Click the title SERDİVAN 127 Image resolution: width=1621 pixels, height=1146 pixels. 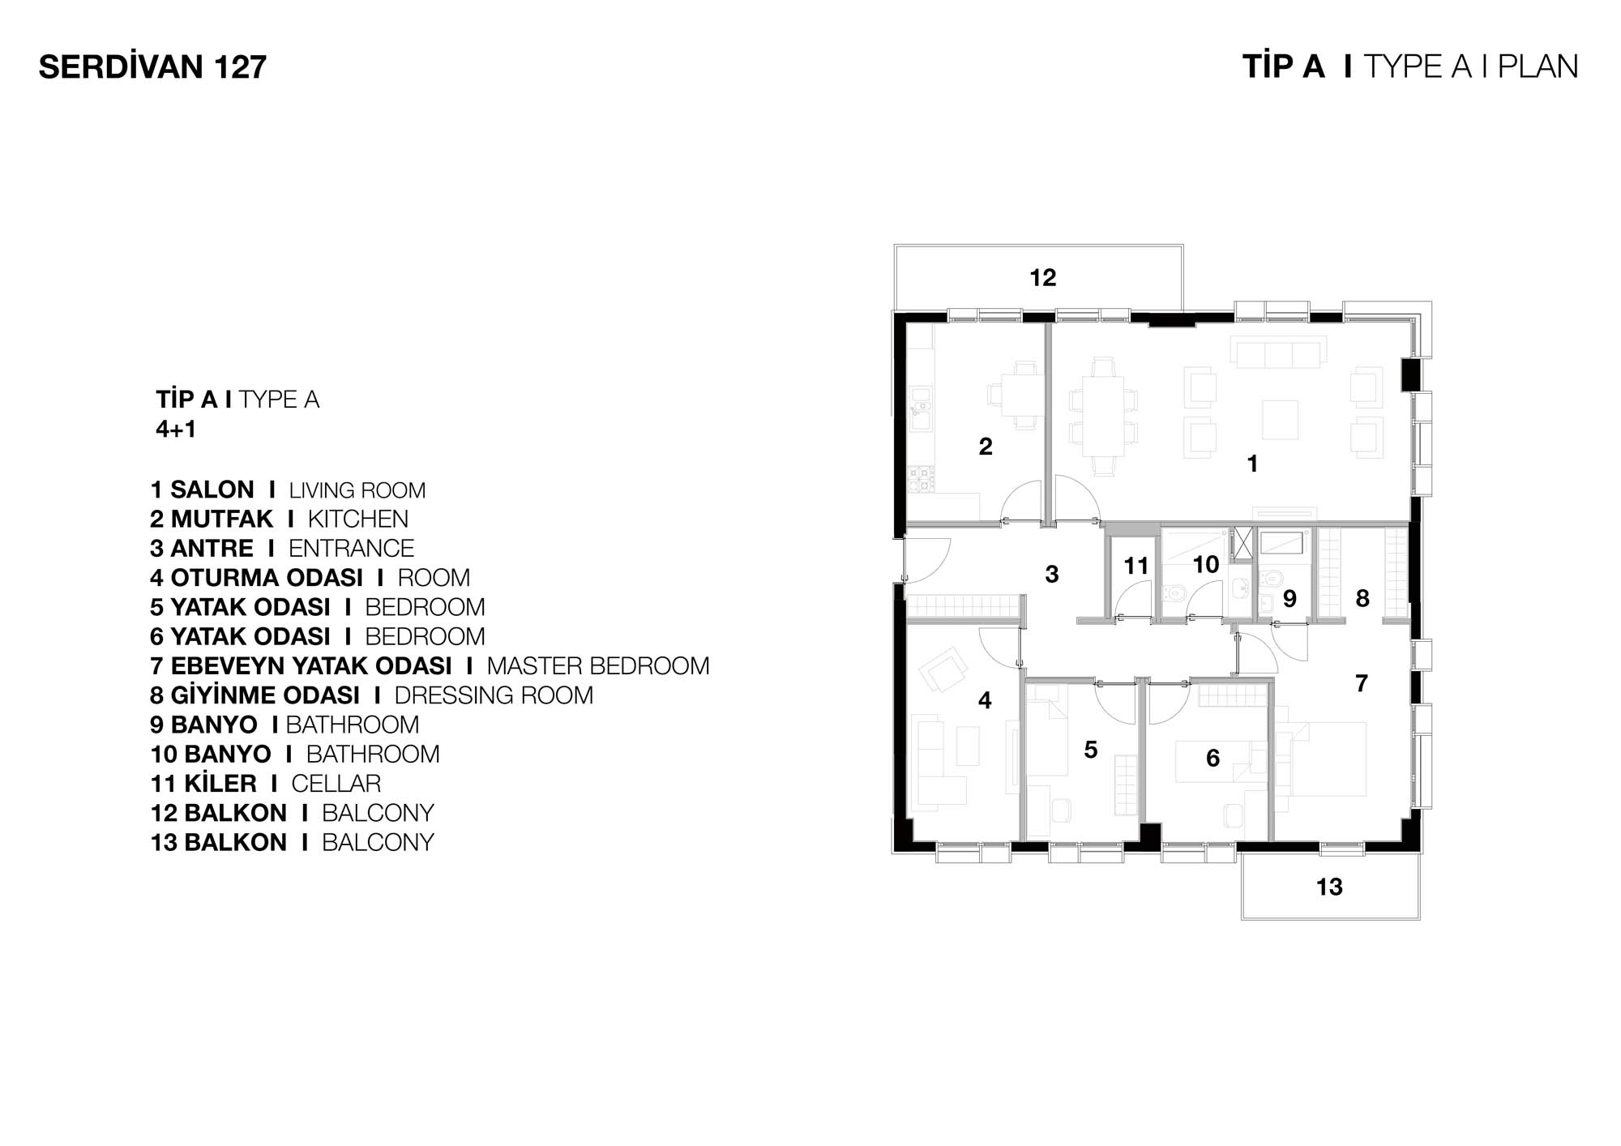click(x=152, y=67)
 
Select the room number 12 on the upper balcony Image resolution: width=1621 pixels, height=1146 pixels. click(x=1043, y=278)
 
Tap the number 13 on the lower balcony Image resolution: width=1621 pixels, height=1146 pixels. click(x=1329, y=887)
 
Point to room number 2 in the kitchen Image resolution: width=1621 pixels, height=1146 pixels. click(x=986, y=447)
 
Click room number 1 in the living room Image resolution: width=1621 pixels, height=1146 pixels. click(x=1252, y=464)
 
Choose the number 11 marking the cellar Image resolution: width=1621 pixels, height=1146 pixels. click(x=1136, y=566)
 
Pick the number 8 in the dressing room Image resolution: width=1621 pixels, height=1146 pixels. click(x=1362, y=598)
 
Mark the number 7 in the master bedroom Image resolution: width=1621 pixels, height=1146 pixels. click(x=1362, y=683)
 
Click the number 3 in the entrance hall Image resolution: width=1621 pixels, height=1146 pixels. click(x=1052, y=575)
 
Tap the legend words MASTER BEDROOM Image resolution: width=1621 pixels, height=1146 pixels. click(x=598, y=666)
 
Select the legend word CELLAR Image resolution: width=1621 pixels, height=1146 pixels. click(x=336, y=784)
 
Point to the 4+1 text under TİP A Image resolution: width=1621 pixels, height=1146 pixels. click(x=176, y=429)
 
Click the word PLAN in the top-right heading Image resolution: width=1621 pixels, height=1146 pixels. click(x=1538, y=67)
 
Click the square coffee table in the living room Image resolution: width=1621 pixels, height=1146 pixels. click(x=1281, y=420)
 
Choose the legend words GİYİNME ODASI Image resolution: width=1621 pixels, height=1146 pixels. click(x=265, y=695)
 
